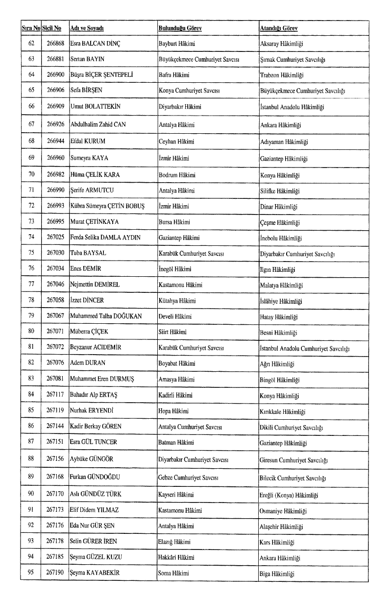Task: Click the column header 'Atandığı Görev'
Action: coord(279,28)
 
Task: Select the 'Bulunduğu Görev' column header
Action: coord(180,28)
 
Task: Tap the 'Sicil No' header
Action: coord(52,28)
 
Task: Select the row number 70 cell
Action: coord(32,175)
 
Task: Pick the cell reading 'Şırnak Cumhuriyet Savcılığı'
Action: coord(293,59)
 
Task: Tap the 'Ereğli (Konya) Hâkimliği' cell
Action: coord(289,495)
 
